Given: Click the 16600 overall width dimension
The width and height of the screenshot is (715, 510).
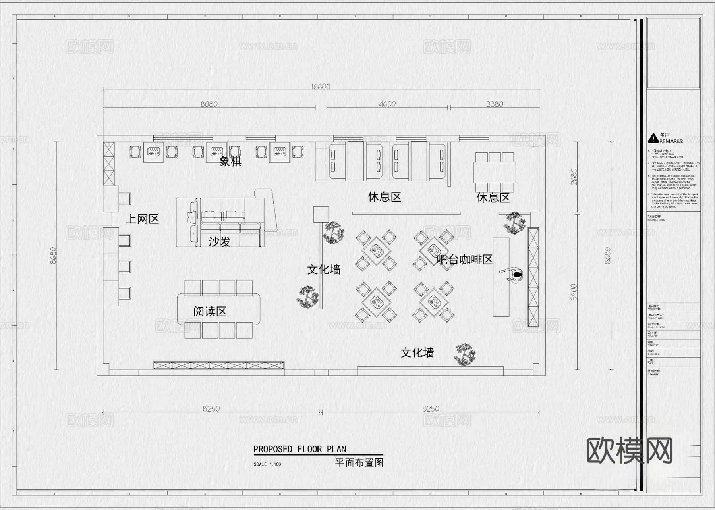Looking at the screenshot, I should pyautogui.click(x=321, y=87).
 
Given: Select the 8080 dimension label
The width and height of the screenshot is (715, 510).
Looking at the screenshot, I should pyautogui.click(x=209, y=104).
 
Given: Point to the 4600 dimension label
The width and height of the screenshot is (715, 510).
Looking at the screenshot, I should pyautogui.click(x=387, y=104).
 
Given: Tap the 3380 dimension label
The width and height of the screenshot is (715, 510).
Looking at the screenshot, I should pyautogui.click(x=495, y=104).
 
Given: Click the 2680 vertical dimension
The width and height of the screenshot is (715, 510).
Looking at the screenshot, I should pyautogui.click(x=574, y=177).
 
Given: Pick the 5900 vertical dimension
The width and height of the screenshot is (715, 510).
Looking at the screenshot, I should pyautogui.click(x=574, y=292).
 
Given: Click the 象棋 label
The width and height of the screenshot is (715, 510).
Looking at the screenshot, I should pyautogui.click(x=230, y=162).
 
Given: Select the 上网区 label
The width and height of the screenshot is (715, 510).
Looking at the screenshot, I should pyautogui.click(x=142, y=219).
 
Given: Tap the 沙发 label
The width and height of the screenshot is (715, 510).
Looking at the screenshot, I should pyautogui.click(x=219, y=241).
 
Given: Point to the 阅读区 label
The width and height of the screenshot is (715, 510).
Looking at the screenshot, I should pyautogui.click(x=210, y=312).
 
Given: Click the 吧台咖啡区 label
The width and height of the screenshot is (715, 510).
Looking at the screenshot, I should pyautogui.click(x=464, y=260).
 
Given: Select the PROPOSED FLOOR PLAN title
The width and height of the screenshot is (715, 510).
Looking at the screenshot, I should pyautogui.click(x=300, y=449).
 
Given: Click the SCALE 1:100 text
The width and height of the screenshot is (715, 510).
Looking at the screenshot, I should pyautogui.click(x=267, y=464).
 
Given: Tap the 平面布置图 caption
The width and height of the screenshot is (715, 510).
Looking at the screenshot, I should pyautogui.click(x=359, y=463).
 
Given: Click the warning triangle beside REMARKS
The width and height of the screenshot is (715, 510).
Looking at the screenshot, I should pyautogui.click(x=653, y=139).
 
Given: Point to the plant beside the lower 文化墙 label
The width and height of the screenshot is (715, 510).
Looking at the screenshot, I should pyautogui.click(x=465, y=354).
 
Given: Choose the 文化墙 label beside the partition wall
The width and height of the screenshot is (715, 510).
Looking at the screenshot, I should pyautogui.click(x=324, y=270).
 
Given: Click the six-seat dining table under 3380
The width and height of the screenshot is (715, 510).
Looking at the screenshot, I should pyautogui.click(x=495, y=172).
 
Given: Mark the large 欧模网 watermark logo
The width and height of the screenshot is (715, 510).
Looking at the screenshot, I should pyautogui.click(x=629, y=450).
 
